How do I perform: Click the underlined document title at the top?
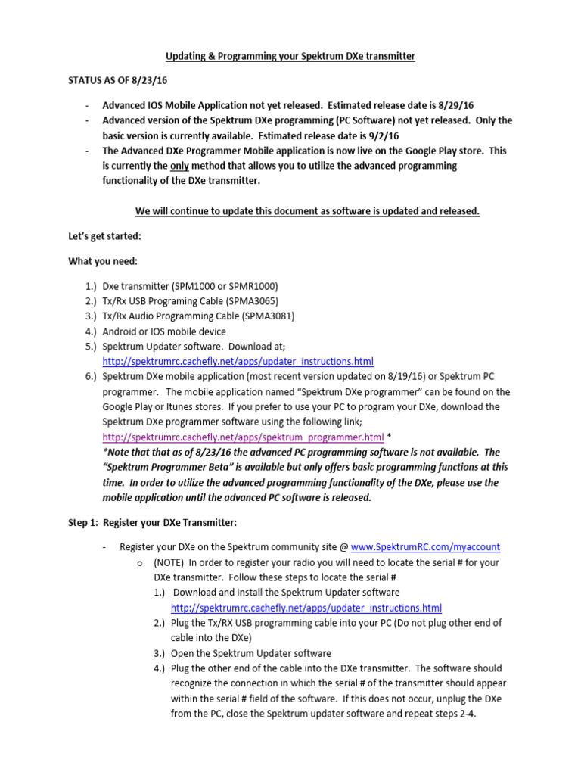[x=290, y=57]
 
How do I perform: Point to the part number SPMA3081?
[x=270, y=316]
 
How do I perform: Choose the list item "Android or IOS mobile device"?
[x=164, y=331]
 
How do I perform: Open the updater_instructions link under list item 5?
[x=238, y=362]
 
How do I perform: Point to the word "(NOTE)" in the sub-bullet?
[x=169, y=562]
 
